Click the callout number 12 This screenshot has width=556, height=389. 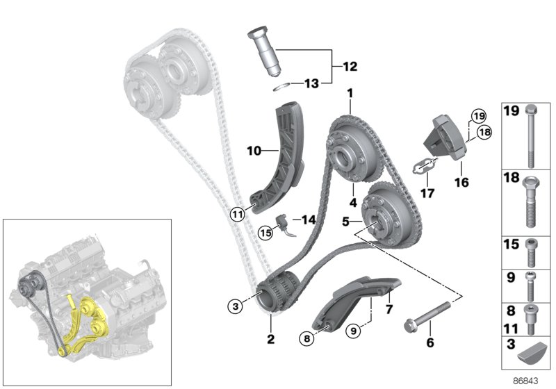pos(349,67)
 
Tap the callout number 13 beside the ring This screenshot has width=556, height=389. pos(311,83)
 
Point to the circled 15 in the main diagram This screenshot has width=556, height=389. pos(264,232)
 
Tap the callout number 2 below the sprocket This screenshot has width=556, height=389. pos(271,340)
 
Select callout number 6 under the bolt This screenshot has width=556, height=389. pos(430,342)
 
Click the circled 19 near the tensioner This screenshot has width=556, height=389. pos(477,115)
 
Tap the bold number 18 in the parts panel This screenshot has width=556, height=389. pos(511,179)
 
